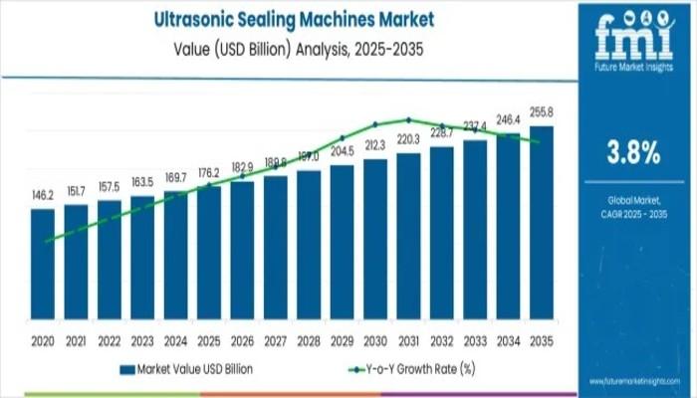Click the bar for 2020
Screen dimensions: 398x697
43,269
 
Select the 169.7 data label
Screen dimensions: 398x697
176,178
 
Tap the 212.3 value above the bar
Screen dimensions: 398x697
375,144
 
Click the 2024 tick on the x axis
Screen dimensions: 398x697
176,339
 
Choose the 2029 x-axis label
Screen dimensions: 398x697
343,339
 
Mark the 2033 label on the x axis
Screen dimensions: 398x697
475,339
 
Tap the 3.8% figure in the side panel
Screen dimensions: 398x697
633,152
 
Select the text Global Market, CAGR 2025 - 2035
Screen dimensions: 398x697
633,208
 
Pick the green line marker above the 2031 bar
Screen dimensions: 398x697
408,119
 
